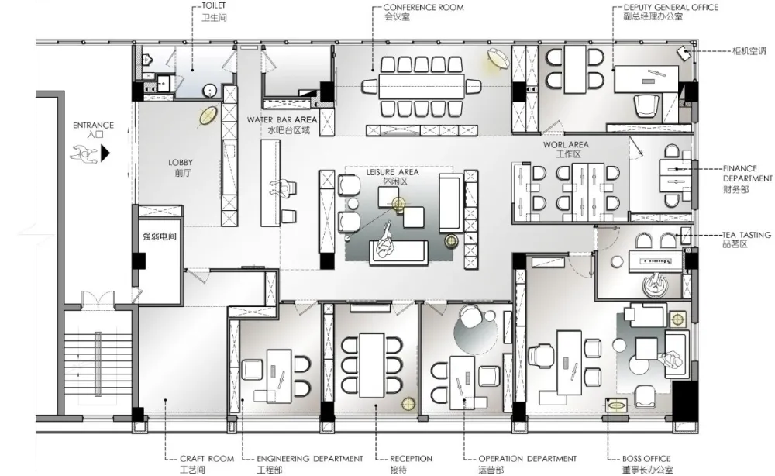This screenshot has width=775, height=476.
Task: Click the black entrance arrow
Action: [105, 153]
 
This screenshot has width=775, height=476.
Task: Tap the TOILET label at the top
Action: [214, 6]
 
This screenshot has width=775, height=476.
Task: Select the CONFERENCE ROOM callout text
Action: [424, 8]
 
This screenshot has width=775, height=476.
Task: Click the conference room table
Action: [422, 87]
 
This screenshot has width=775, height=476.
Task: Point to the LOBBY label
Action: [181, 163]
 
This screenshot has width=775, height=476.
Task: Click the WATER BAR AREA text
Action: [282, 119]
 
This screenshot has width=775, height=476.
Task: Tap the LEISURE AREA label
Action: [392, 172]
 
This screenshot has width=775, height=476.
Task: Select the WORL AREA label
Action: [566, 145]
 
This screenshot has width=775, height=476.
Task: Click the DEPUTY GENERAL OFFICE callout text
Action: [670, 8]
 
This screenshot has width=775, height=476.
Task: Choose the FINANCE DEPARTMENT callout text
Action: [747, 173]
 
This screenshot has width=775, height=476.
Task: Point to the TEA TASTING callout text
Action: [747, 235]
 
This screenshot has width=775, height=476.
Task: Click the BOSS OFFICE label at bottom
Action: [646, 459]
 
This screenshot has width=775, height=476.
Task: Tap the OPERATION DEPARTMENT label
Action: [527, 459]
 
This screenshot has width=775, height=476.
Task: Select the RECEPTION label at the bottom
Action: [412, 459]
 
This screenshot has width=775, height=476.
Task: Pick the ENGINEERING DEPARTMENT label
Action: [310, 459]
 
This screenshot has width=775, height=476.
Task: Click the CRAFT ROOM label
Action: [207, 459]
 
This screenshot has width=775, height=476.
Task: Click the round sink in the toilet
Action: [210, 91]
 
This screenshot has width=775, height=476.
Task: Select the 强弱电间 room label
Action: [159, 236]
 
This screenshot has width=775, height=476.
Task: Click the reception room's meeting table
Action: [372, 365]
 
